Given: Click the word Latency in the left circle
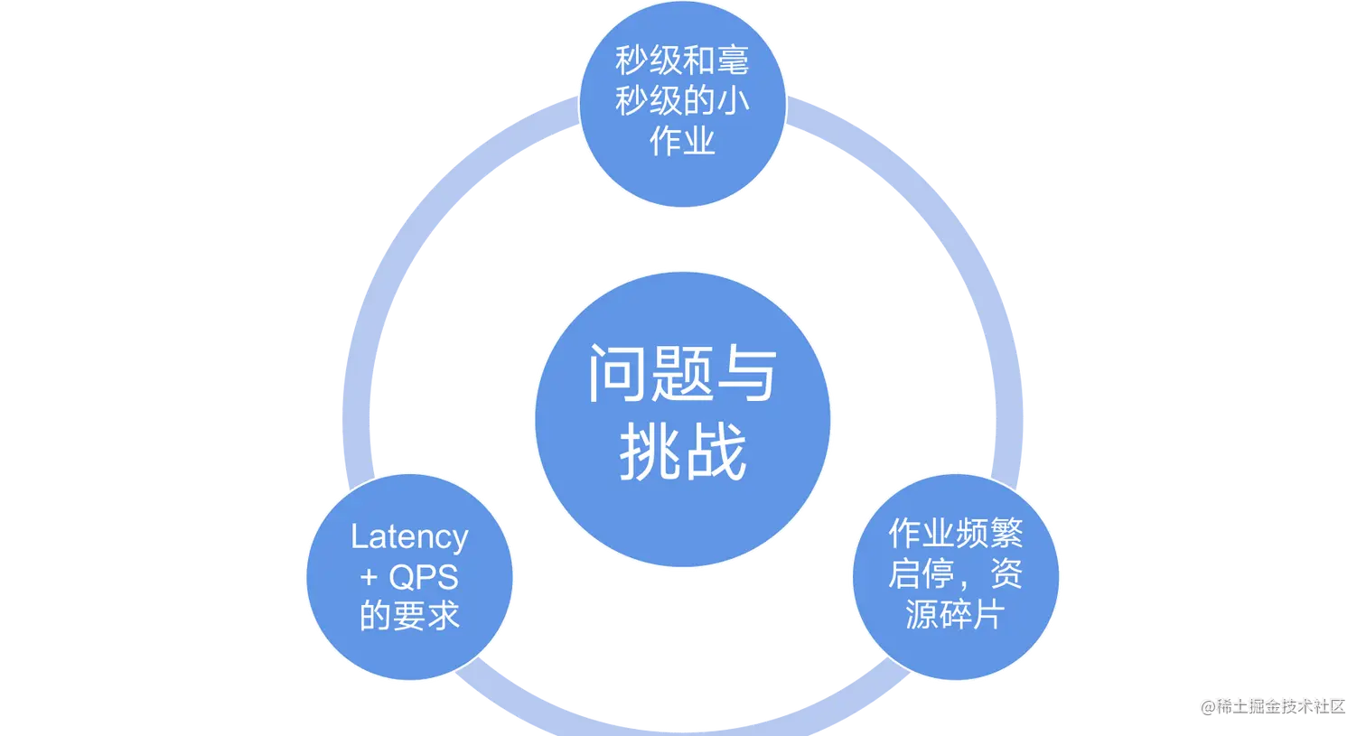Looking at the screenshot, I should [409, 538].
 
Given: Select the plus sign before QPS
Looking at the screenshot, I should [369, 578].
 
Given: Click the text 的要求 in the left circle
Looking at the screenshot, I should [409, 617].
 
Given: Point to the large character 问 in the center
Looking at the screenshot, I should [619, 374].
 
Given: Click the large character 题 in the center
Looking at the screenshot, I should [682, 374].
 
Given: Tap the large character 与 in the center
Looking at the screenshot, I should [744, 374].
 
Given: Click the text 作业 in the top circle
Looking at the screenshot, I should [682, 140].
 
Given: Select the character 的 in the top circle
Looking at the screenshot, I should [698, 101].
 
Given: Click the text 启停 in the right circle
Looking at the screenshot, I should [922, 574].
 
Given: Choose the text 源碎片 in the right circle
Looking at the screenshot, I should [955, 615].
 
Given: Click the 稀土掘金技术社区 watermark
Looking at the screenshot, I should [1279, 705].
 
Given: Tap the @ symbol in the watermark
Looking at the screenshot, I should [1207, 705].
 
